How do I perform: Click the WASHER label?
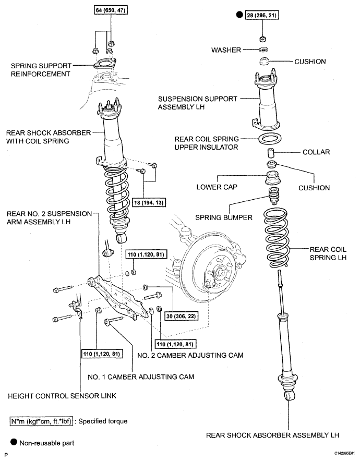[226, 50]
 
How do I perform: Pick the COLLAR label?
[316, 152]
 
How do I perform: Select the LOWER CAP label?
[217, 187]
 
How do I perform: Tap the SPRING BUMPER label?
[224, 217]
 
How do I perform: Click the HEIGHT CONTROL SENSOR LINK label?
[62, 396]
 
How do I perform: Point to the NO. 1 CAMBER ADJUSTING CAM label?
[141, 377]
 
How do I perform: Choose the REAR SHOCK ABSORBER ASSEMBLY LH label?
[272, 435]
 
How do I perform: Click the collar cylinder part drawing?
[271, 153]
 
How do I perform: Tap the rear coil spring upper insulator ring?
[270, 139]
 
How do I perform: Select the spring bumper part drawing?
[274, 196]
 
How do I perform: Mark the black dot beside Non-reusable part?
[14, 442]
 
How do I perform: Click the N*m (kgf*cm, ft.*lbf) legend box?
[41, 421]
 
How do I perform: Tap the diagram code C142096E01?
[344, 453]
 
